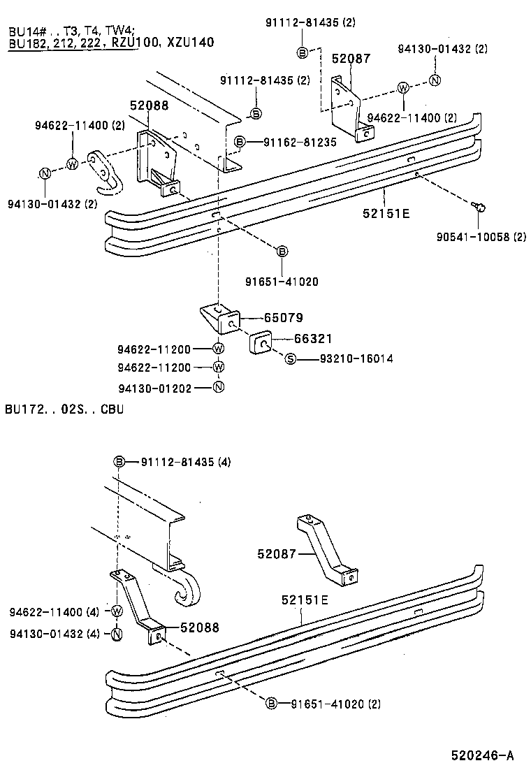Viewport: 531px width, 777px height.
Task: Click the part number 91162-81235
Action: [300, 142]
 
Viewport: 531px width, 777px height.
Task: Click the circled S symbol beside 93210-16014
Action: [291, 359]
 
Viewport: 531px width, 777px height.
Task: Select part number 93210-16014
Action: [356, 359]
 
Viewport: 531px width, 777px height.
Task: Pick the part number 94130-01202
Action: [154, 387]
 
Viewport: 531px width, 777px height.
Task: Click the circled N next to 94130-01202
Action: [218, 387]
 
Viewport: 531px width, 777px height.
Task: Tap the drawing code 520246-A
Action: [482, 755]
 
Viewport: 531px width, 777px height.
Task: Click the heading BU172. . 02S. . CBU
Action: [64, 409]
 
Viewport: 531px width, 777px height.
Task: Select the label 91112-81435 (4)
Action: [185, 462]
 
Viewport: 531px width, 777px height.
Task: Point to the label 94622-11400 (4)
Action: [54, 612]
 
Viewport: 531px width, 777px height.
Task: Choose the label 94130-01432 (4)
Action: [54, 633]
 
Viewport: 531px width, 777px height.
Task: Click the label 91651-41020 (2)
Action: [335, 704]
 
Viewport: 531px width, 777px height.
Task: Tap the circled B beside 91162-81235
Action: [240, 142]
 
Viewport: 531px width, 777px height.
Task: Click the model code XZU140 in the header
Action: [190, 43]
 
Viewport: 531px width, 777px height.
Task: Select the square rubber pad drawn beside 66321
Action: [261, 344]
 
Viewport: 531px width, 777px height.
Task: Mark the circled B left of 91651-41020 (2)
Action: [272, 704]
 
